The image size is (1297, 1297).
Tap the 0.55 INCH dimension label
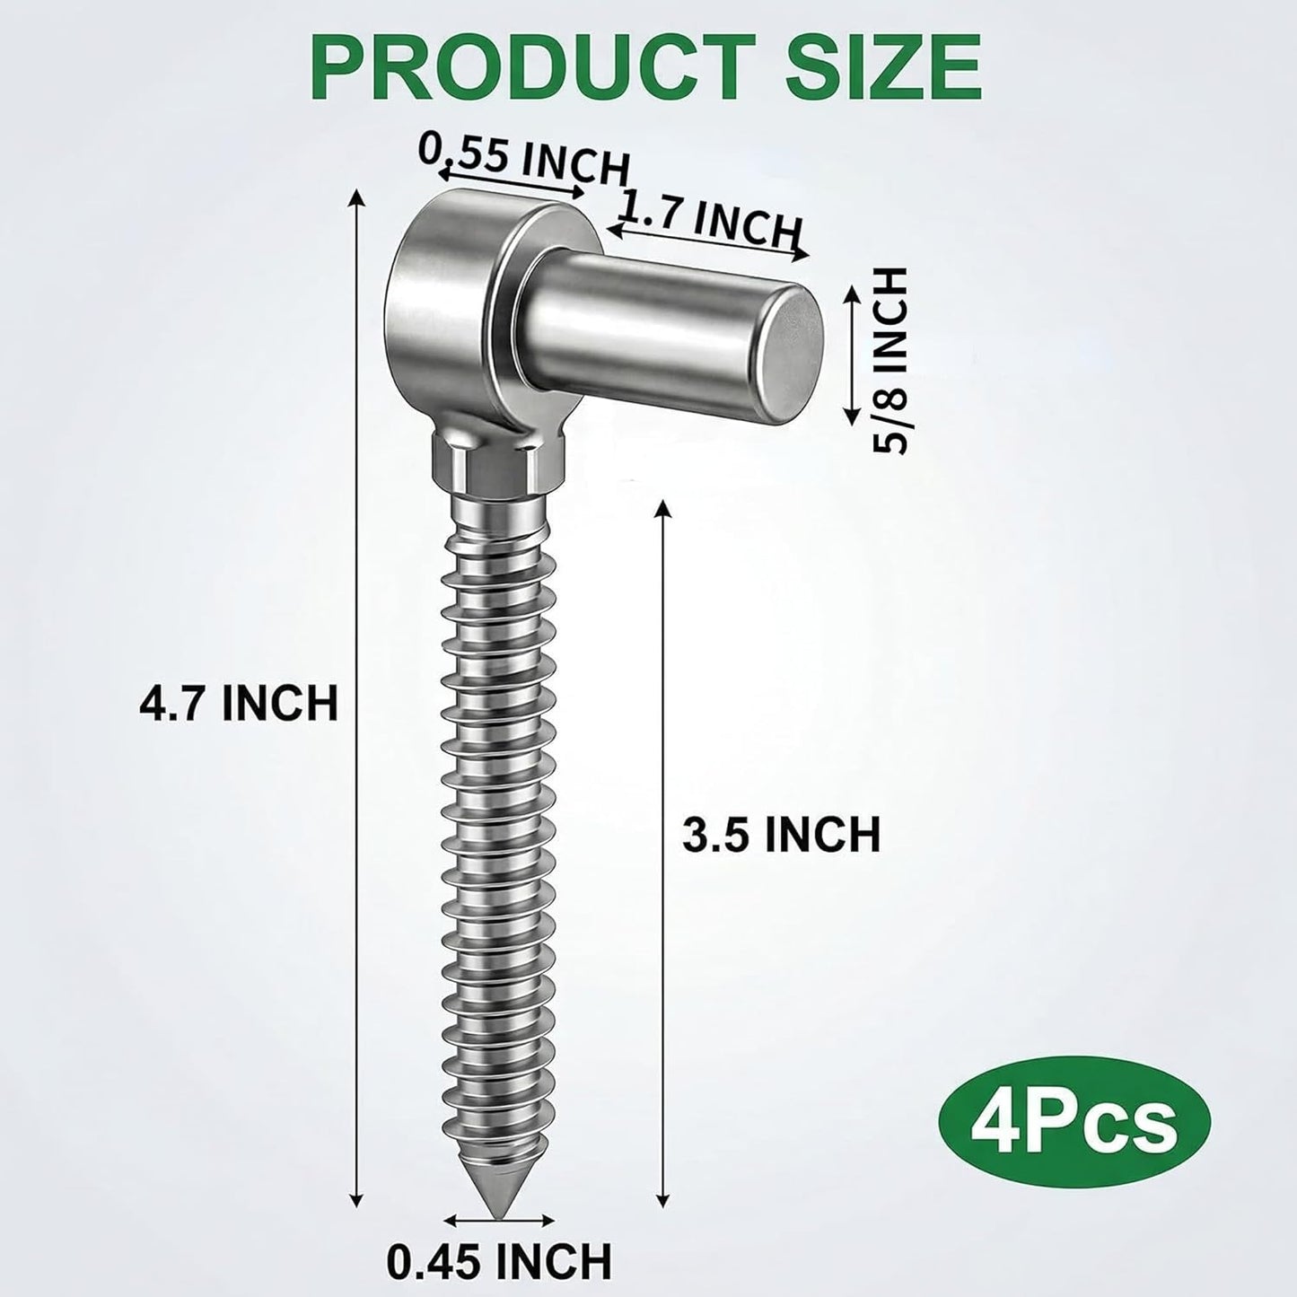pyautogui.click(x=524, y=159)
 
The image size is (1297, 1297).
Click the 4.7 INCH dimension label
pyautogui.click(x=238, y=702)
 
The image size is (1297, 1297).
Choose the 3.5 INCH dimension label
pyautogui.click(x=782, y=835)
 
